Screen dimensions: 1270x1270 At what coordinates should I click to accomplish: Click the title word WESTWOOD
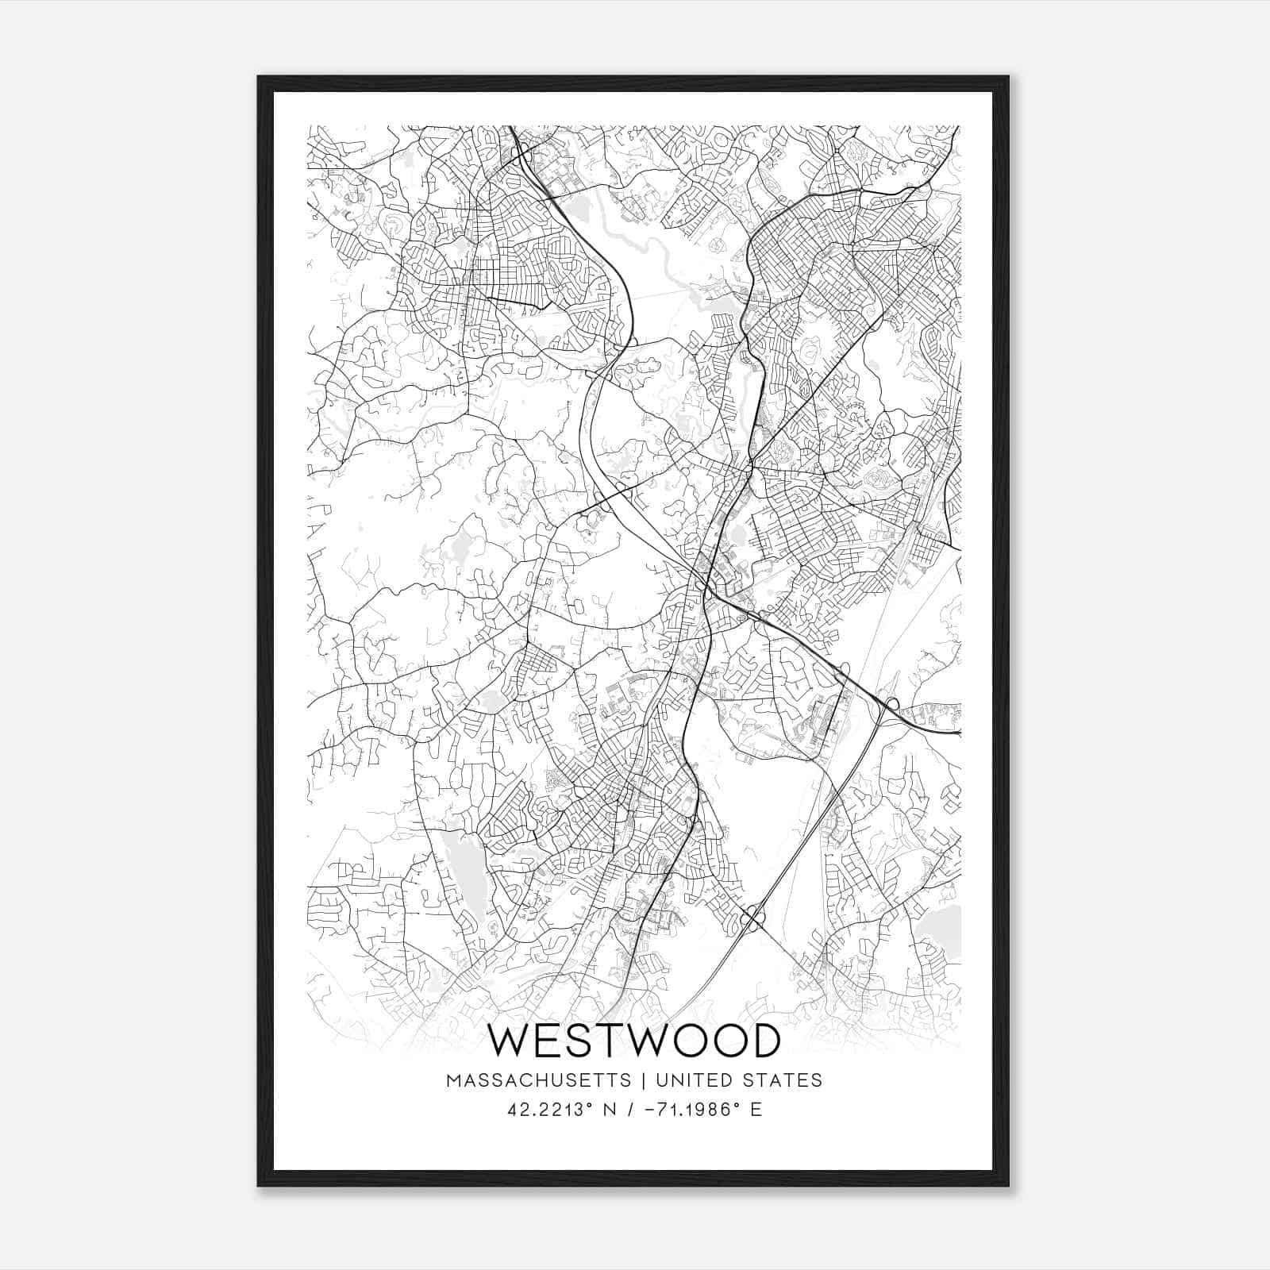coord(633,1041)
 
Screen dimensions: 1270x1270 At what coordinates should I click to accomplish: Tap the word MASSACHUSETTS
coord(539,1080)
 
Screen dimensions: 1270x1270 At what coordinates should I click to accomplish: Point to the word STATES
coord(783,1080)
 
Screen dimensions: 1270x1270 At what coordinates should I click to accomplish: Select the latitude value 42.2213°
coord(550,1110)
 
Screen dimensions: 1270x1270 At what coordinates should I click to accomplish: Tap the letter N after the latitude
coord(609,1110)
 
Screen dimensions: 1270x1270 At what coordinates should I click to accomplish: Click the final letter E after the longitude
coord(756,1110)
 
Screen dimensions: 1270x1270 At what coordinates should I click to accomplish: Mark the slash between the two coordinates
coord(629,1110)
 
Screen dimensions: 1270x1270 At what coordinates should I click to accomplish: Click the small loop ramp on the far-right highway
coord(893,703)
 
